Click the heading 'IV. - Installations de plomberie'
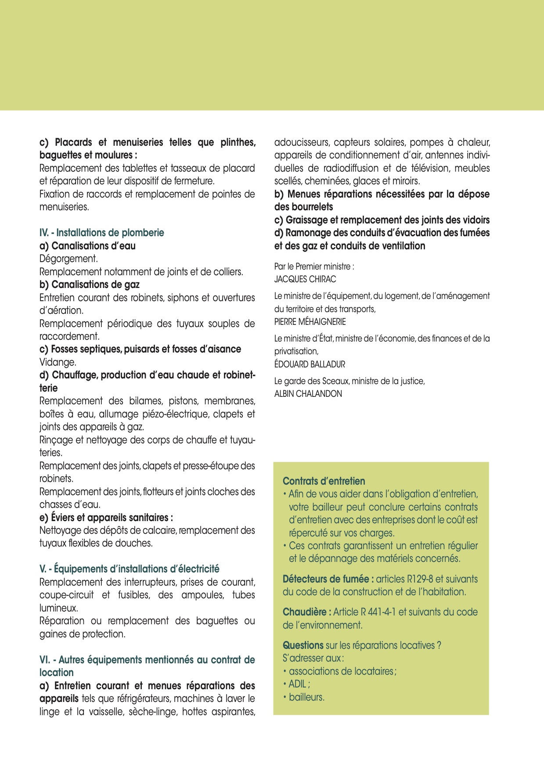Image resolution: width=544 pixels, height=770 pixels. [101, 233]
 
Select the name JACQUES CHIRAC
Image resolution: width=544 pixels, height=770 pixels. [305, 279]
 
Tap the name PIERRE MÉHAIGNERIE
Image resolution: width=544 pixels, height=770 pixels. [310, 322]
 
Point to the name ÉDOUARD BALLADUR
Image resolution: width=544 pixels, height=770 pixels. [310, 364]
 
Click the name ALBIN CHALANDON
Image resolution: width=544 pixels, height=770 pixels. [308, 394]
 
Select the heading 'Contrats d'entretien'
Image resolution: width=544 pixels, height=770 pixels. [324, 481]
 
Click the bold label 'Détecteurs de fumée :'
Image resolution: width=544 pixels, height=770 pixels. [328, 579]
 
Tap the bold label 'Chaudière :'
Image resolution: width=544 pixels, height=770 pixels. [307, 612]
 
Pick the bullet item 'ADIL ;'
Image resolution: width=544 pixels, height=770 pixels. [299, 684]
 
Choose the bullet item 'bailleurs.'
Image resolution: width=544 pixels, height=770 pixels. [306, 697]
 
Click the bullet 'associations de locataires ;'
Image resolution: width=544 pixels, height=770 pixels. [342, 671]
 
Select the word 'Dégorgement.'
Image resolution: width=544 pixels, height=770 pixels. [68, 259]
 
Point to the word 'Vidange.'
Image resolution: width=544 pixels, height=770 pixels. [58, 362]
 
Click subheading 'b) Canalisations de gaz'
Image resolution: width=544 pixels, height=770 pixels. [90, 284]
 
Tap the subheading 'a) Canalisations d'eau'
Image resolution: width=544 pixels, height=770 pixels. [87, 246]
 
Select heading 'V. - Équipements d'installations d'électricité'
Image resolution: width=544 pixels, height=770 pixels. [129, 569]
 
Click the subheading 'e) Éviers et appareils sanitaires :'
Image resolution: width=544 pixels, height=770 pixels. [106, 518]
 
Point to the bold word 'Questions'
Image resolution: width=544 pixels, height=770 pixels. [303, 645]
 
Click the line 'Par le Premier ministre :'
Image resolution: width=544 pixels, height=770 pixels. [314, 266]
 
